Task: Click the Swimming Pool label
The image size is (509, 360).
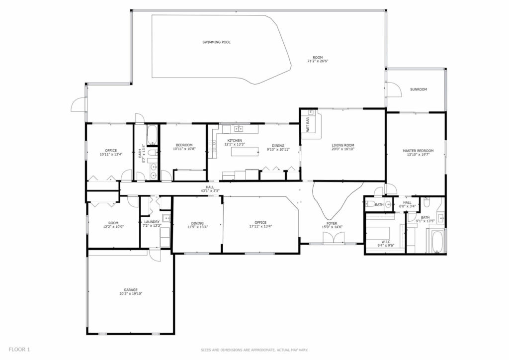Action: [x=217, y=42]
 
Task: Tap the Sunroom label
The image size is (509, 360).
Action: [x=419, y=90]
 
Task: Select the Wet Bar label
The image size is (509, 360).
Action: [x=308, y=124]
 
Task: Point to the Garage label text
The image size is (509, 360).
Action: [x=131, y=290]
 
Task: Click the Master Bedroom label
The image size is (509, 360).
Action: [x=418, y=151]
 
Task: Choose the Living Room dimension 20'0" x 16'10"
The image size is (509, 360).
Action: [x=343, y=149]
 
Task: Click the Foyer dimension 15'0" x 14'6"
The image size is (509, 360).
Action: [x=332, y=227]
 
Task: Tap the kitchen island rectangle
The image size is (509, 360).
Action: [x=245, y=152]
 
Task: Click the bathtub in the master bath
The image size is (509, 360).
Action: [x=437, y=242]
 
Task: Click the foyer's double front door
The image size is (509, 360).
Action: [x=333, y=239]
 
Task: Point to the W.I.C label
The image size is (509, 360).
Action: [x=386, y=242]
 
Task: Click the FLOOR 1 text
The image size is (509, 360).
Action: [x=19, y=350]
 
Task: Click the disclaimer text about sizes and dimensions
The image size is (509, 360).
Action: [x=254, y=350]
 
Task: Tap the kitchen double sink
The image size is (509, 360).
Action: [x=239, y=129]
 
